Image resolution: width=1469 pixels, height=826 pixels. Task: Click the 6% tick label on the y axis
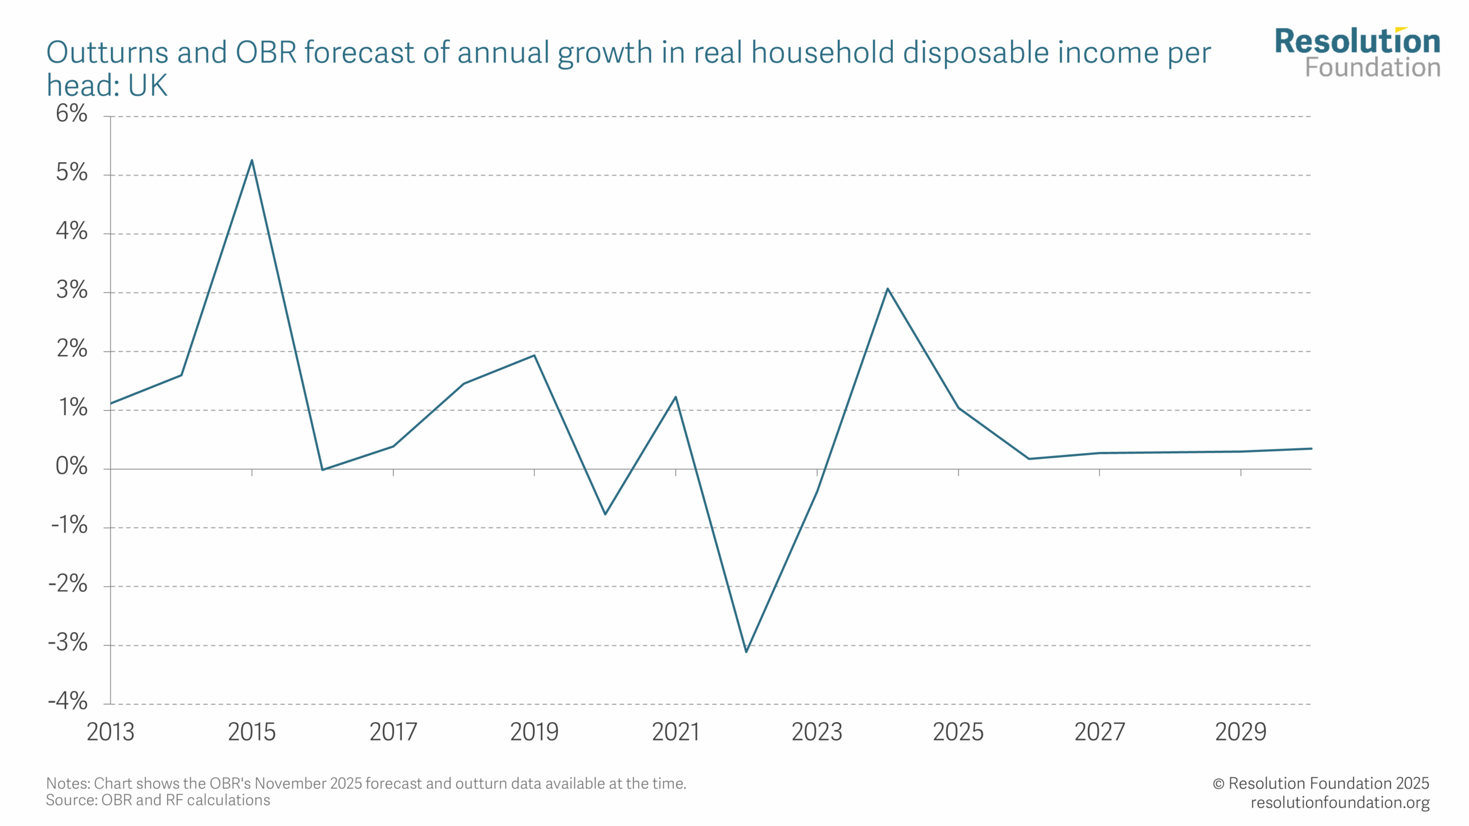(71, 114)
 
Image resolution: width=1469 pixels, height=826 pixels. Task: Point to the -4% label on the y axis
(68, 701)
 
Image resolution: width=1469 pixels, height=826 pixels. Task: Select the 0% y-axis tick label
(71, 466)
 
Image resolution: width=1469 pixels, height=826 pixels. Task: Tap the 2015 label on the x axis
(251, 732)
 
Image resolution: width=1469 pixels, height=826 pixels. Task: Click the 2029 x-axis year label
(1241, 732)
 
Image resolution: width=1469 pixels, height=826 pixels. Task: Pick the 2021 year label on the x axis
(675, 732)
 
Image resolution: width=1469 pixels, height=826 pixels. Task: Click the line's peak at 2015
(252, 161)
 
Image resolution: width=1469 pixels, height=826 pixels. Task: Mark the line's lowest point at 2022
(746, 652)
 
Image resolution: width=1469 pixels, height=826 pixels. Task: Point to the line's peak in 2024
(888, 289)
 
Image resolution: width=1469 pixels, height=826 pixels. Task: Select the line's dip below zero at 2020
(605, 513)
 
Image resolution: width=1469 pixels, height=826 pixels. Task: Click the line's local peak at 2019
(534, 356)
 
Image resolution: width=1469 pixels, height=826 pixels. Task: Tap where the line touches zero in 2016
(322, 470)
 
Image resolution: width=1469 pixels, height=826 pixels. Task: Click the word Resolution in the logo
(1357, 41)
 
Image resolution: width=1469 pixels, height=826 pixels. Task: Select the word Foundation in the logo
(1373, 68)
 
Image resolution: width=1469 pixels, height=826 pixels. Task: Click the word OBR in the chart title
(266, 53)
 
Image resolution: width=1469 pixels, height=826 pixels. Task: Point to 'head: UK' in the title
(107, 85)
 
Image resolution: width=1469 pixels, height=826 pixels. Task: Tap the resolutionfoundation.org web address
(1340, 802)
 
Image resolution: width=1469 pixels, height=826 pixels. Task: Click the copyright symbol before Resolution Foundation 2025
(1218, 784)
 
